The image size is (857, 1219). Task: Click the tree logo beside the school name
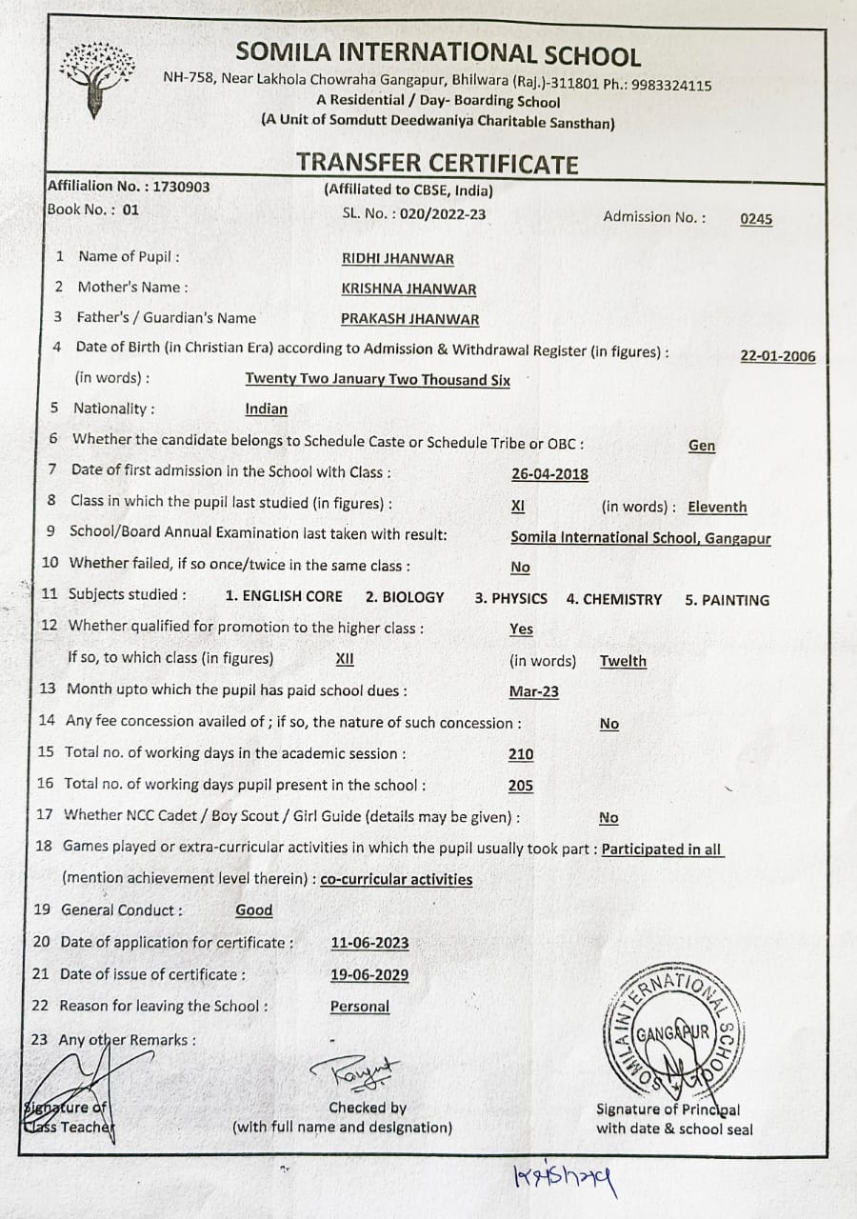[96, 78]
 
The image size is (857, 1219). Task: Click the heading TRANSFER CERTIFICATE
[436, 164]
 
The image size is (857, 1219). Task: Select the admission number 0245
[756, 219]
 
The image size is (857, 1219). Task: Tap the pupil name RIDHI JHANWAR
[397, 259]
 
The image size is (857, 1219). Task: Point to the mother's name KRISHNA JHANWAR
[409, 289]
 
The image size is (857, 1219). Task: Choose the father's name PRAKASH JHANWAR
[409, 320]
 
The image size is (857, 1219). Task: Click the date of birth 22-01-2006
[777, 356]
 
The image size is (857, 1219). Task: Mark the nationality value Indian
[266, 410]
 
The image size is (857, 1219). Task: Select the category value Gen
[701, 446]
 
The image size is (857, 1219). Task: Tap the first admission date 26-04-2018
[549, 474]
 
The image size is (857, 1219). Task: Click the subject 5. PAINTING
[727, 600]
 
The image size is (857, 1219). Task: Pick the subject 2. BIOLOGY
[405, 597]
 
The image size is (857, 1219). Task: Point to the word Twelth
[623, 661]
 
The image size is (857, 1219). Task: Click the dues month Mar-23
[534, 692]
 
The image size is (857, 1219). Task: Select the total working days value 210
[521, 754]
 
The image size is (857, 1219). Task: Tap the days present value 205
[521, 786]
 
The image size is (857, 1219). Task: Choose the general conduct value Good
[254, 910]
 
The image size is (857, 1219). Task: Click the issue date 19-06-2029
[369, 974]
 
